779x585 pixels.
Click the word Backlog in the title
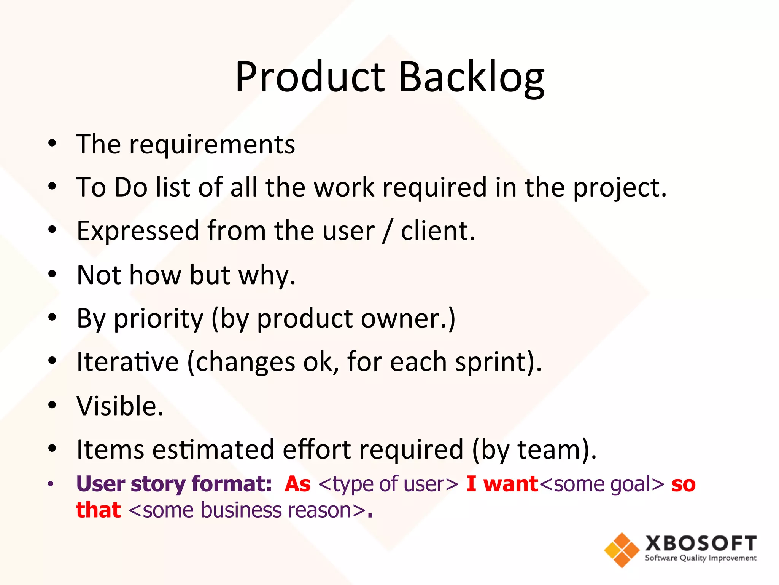[472, 78]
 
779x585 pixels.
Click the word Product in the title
[310, 78]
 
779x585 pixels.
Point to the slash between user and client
[387, 232]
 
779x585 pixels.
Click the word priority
[159, 319]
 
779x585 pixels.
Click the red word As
[297, 484]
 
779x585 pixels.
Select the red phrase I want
[502, 484]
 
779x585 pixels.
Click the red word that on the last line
[98, 510]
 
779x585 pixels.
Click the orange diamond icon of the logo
[622, 550]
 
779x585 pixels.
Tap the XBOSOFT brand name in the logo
[701, 543]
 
